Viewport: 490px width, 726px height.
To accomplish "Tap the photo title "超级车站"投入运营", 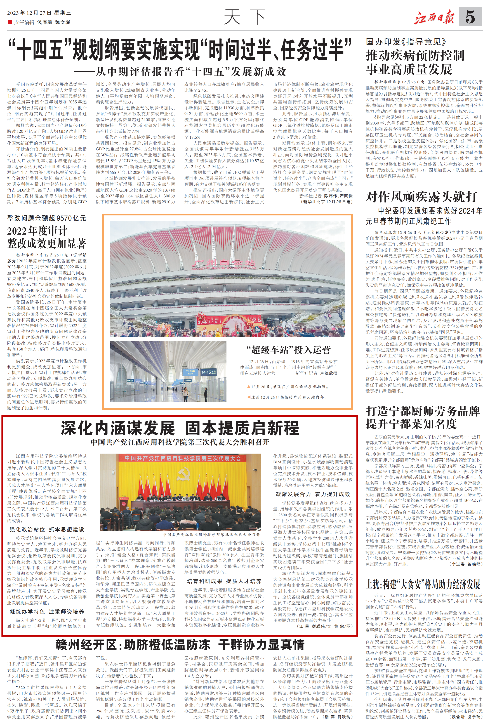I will pyautogui.click(x=288, y=350).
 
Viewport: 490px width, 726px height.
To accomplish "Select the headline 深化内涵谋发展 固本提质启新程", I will pyautogui.click(x=180, y=428).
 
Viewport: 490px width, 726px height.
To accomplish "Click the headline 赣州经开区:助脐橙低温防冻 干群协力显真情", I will pyautogui.click(x=180, y=644).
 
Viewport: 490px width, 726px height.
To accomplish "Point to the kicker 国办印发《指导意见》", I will pyautogui.click(x=406, y=42).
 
